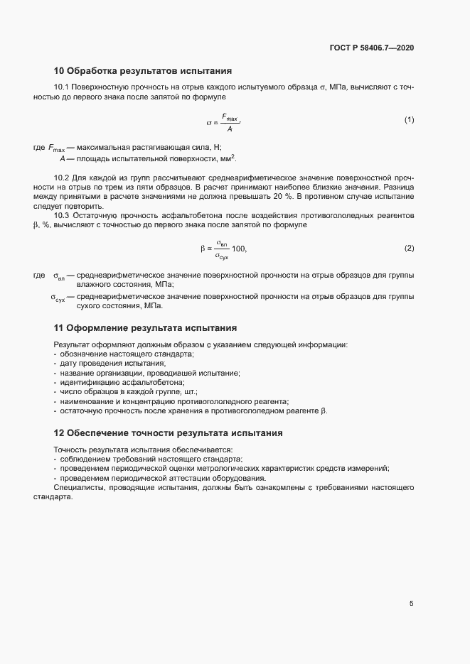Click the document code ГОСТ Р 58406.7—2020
pos(372,48)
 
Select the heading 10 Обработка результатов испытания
pos(142,71)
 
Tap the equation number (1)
pos(409,119)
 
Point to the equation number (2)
pos(409,248)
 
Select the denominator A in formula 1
pos(230,129)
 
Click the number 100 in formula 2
pos(239,249)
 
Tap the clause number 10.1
pos(62,87)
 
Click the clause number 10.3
pos(62,214)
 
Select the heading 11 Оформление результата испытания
pos(145,328)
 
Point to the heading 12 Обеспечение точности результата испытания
pos(169,432)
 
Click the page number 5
pos(411,604)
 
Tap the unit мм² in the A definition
pos(226,158)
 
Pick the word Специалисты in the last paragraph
pos(78,488)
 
